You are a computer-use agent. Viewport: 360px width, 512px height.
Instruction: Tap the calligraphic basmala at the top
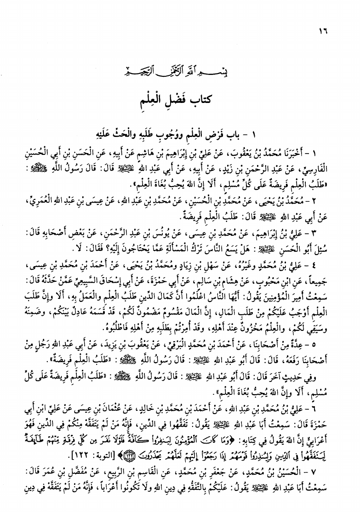(x=179, y=72)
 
